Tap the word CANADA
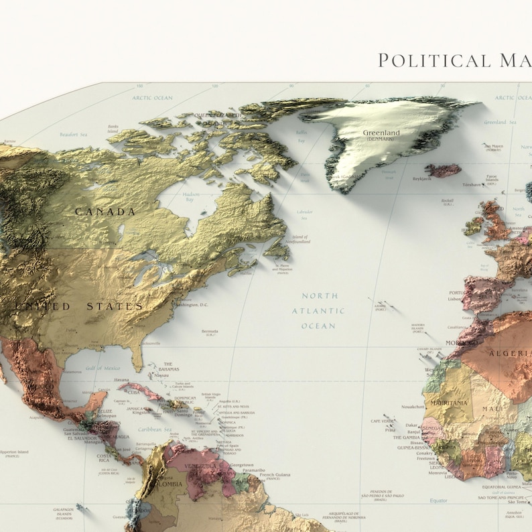(x=105, y=212)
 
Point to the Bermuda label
(x=210, y=332)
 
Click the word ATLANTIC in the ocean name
(x=318, y=311)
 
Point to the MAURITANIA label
(x=448, y=403)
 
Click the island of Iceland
(x=445, y=170)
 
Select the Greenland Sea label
(x=499, y=123)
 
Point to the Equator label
(x=439, y=501)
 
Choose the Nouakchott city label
(x=412, y=407)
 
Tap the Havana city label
(x=121, y=380)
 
